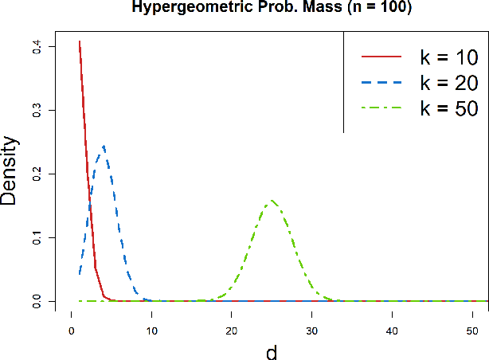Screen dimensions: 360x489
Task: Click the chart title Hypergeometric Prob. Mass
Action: coord(272,7)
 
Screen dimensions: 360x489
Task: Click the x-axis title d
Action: coord(272,351)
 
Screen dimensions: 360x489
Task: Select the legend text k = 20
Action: coord(449,83)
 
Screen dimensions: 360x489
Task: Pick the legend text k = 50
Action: coord(449,108)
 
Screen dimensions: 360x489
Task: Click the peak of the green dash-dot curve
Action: coord(272,200)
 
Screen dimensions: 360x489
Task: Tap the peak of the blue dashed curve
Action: coord(104,146)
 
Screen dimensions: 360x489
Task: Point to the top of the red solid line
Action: coord(80,41)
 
